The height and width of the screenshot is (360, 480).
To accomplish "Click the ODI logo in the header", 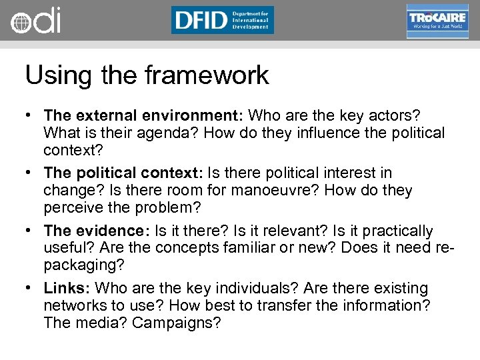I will pyautogui.click(x=35, y=21).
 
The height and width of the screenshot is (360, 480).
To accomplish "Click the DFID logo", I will pyautogui.click(x=222, y=20).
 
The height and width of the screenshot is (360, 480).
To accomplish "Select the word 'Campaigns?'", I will pyautogui.click(x=176, y=323).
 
